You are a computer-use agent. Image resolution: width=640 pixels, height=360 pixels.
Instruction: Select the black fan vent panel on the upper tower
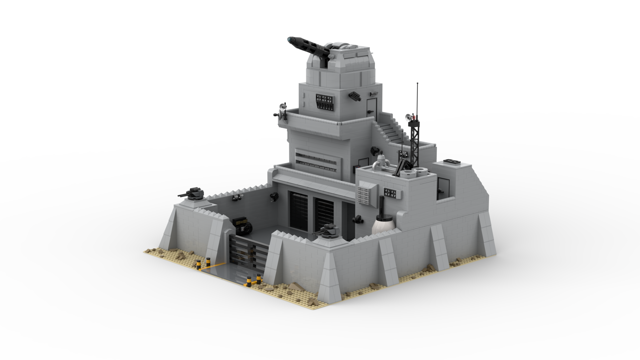(324, 102)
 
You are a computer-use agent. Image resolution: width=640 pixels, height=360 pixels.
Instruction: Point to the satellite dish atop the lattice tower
(408, 117)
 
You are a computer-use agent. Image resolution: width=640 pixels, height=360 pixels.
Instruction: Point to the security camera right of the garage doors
(357, 219)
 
